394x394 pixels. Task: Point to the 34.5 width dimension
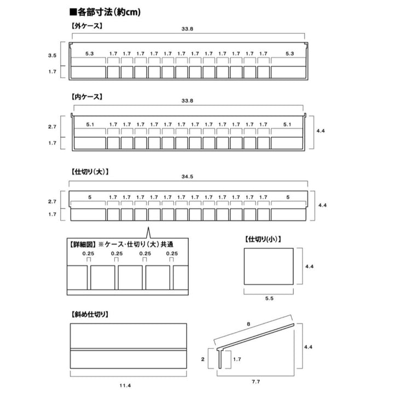click(188, 177)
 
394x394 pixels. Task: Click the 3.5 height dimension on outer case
click(53, 55)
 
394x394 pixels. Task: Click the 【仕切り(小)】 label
click(264, 239)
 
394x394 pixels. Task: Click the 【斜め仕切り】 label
click(89, 315)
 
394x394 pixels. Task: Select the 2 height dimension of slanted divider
click(203, 359)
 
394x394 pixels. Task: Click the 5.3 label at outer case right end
click(290, 54)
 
